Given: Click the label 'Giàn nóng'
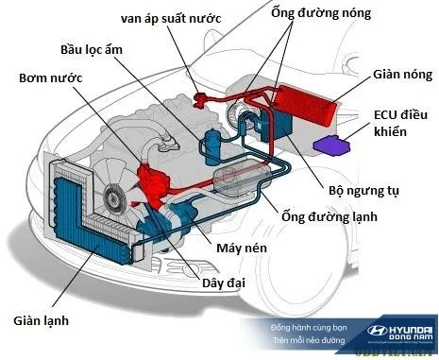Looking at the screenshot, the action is pyautogui.click(x=393, y=73).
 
